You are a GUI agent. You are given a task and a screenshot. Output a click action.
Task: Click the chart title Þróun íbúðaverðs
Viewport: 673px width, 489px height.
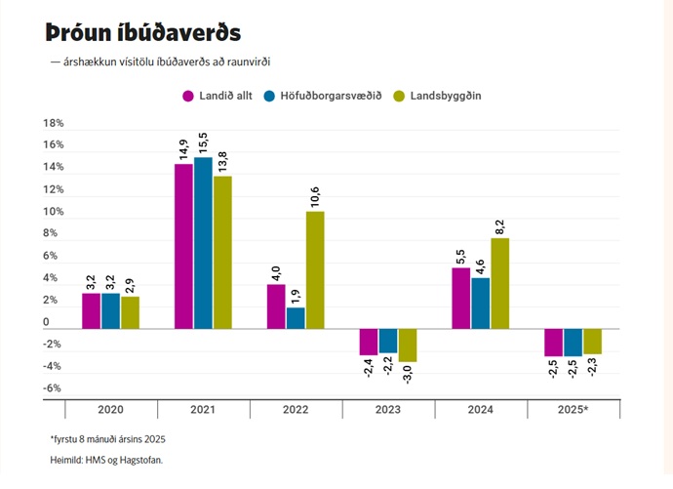tap(142, 31)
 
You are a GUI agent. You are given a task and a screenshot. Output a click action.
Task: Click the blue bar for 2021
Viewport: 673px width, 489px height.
tap(203, 243)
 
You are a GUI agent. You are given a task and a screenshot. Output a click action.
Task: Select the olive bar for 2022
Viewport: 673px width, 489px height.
tap(315, 270)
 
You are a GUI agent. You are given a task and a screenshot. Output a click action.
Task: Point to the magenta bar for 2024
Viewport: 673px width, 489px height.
tap(461, 298)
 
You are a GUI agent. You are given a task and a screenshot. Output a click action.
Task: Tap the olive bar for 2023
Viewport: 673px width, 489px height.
tap(408, 346)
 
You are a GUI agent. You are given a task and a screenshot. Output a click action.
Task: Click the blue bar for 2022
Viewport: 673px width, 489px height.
tap(296, 318)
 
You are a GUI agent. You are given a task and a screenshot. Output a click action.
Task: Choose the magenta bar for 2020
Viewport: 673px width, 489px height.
tap(91, 310)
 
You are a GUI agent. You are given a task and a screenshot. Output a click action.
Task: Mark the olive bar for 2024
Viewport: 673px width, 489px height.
tap(500, 283)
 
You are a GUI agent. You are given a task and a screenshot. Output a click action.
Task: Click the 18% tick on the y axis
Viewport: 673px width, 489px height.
tap(53, 124)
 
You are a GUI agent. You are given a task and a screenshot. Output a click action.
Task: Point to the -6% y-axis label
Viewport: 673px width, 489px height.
tap(53, 388)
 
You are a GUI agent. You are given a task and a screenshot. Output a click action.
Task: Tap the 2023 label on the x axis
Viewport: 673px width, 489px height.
tap(387, 409)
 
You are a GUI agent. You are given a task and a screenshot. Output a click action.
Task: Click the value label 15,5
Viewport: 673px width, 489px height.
tap(203, 143)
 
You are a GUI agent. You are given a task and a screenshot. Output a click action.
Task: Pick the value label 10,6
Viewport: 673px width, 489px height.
tap(315, 197)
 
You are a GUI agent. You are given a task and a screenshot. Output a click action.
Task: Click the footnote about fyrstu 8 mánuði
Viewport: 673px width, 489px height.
tap(108, 439)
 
